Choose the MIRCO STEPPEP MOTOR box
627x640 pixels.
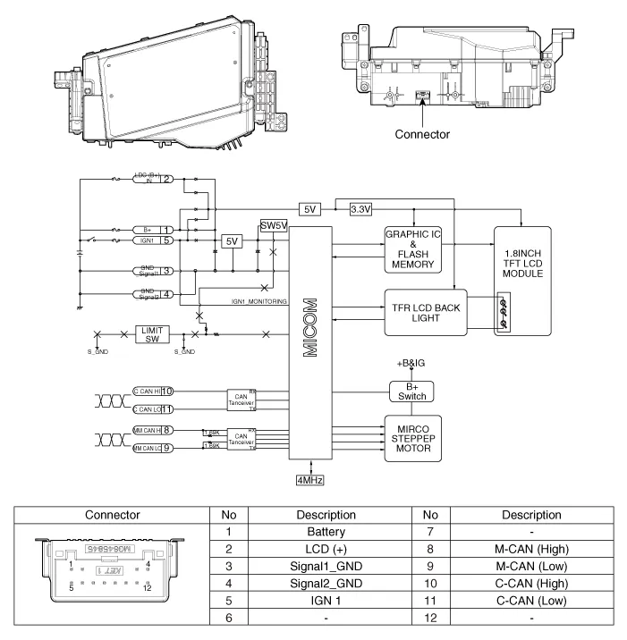pyautogui.click(x=413, y=436)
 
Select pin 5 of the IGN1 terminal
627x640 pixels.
pyautogui.click(x=167, y=240)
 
